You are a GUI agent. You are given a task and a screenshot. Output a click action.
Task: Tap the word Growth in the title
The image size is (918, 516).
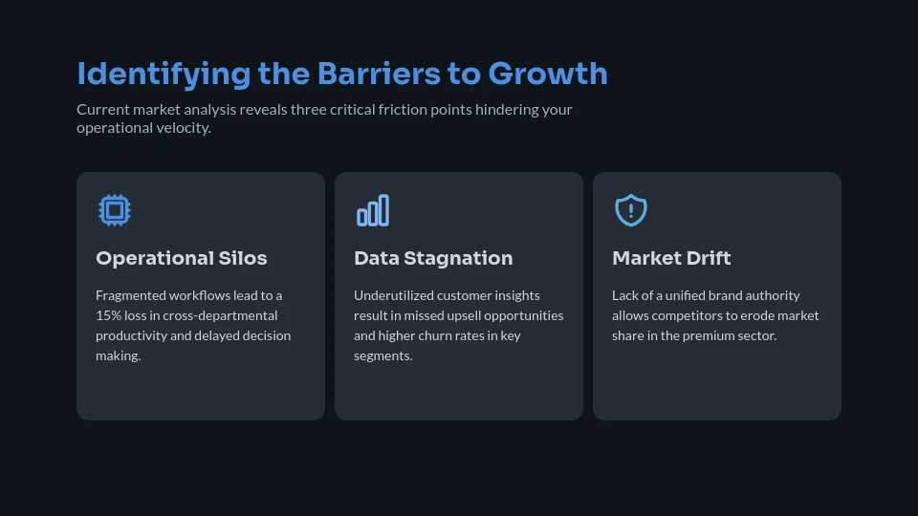[x=548, y=74]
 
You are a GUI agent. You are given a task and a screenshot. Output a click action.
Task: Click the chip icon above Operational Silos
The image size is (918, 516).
[x=115, y=210]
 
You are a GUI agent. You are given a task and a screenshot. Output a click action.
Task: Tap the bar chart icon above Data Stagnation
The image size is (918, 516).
[x=373, y=210]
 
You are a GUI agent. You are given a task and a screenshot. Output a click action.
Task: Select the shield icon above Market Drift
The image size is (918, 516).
[x=631, y=210]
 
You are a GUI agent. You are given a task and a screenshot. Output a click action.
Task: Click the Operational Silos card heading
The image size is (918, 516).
[x=182, y=258]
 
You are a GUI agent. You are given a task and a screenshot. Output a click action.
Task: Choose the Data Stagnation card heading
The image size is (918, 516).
[x=433, y=258]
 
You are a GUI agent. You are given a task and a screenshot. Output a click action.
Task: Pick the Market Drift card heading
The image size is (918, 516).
[x=671, y=258]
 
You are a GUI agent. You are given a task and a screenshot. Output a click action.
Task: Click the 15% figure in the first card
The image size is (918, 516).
[x=108, y=315]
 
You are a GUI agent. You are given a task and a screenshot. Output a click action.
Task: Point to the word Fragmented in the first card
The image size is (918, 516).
[x=131, y=295]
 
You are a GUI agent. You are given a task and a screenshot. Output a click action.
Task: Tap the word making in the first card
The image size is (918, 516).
[x=118, y=355]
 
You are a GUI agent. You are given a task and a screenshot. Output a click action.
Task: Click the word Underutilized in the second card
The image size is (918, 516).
[x=393, y=295]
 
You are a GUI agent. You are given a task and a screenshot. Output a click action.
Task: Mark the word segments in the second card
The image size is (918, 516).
[x=382, y=355]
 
